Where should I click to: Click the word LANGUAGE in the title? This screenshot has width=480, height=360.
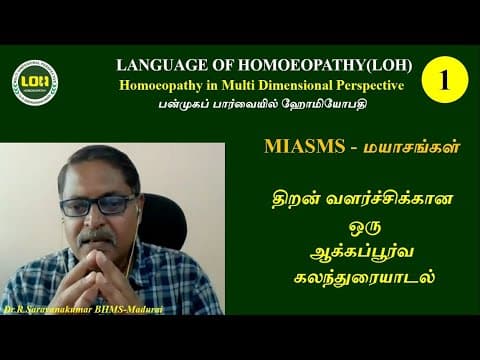click(x=163, y=64)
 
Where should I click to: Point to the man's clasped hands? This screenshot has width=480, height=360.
click(x=107, y=269)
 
